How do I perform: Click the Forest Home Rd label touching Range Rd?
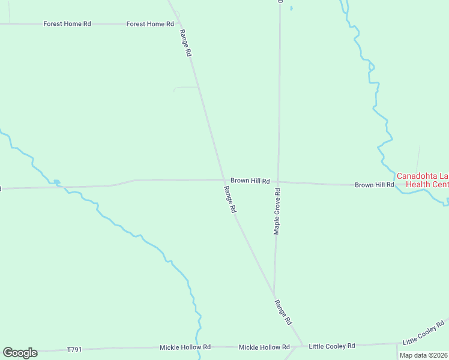[150, 24]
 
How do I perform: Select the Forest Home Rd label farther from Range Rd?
[67, 24]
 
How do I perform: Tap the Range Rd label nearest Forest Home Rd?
[185, 44]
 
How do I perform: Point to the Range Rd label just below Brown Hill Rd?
[231, 200]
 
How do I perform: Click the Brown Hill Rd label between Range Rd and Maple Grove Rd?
[250, 180]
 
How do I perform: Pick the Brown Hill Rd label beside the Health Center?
[374, 185]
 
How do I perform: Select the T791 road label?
[74, 349]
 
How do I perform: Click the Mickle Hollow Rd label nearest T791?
[185, 347]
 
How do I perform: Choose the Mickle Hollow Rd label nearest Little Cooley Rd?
[264, 347]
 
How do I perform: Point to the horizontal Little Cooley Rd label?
[332, 346]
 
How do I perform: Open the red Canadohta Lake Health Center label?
[422, 180]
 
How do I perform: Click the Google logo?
[20, 353]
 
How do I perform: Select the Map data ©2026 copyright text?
[424, 355]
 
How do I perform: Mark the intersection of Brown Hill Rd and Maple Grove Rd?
[279, 182]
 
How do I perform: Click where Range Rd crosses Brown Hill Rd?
[224, 180]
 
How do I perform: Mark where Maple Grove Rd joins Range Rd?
[274, 295]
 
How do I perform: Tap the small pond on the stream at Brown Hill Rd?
[56, 182]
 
